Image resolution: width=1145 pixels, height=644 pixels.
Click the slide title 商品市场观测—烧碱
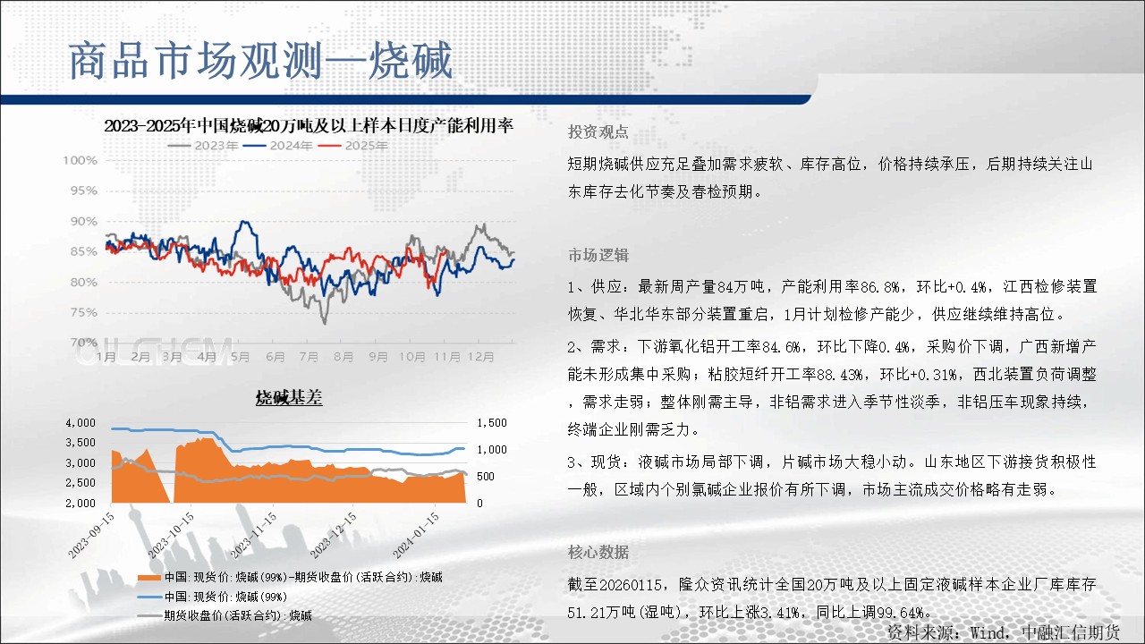(260, 61)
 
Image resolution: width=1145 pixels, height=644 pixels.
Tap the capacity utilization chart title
(309, 126)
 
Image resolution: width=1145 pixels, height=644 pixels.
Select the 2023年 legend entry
(203, 146)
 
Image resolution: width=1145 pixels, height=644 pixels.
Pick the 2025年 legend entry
(352, 146)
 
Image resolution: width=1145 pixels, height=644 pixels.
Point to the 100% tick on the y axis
(81, 160)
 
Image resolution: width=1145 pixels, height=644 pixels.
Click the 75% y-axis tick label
(84, 312)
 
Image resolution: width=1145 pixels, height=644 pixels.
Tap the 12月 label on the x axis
(481, 357)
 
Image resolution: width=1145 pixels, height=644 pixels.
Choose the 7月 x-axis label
(309, 357)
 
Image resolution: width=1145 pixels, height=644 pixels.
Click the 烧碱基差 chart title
(289, 398)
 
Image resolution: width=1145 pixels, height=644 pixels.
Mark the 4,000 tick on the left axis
(81, 423)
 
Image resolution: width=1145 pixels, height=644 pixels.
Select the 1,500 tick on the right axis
(492, 423)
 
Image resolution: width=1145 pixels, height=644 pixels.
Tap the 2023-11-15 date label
(253, 535)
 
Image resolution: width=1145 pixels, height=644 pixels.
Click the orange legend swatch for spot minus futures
(149, 578)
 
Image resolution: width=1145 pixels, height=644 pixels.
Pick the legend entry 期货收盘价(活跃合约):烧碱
(225, 615)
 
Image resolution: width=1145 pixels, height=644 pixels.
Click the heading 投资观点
(598, 131)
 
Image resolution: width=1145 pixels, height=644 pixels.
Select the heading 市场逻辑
(598, 255)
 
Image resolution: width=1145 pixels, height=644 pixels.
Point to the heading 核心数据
(598, 552)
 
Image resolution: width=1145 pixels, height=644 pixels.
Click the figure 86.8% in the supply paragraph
(880, 287)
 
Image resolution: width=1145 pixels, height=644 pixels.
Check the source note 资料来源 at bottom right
(1003, 632)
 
